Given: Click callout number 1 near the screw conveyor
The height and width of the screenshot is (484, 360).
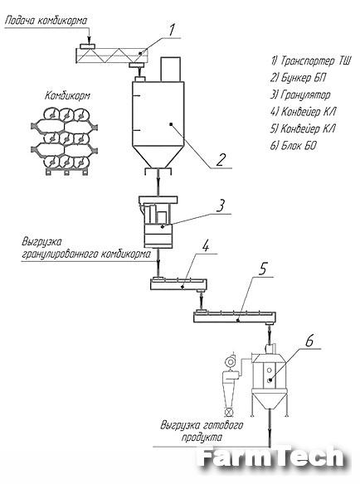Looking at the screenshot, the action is point(172,30).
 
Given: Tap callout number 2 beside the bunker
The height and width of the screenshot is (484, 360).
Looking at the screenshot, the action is point(221,159).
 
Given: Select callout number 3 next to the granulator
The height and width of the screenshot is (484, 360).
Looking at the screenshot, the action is point(221,206).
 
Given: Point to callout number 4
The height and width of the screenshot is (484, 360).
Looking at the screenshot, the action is point(206,246).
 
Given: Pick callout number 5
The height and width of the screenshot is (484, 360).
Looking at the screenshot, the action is point(262,269).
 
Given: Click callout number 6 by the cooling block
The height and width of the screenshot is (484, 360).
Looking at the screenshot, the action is point(309,341).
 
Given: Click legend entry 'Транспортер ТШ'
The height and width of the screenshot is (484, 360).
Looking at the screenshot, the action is point(310,60).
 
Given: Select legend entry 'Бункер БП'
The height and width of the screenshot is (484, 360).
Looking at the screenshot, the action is point(298,77).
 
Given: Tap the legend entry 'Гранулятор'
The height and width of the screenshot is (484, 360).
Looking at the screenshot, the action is point(300,94).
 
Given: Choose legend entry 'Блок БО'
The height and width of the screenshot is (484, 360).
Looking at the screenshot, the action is point(293,145).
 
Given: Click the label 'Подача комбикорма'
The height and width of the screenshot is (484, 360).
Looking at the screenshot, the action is point(46,21).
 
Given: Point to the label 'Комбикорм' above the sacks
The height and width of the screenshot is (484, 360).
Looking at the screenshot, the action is point(68,95).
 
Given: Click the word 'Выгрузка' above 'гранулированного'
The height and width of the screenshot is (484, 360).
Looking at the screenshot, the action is point(41,242).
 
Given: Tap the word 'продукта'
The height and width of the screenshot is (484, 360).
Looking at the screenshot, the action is point(202,438).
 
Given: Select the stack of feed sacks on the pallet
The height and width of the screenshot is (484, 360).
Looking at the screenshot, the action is point(64,141).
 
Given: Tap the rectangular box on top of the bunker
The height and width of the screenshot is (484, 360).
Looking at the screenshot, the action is point(170,70).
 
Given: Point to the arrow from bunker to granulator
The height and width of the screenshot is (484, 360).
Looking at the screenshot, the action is point(158,181).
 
